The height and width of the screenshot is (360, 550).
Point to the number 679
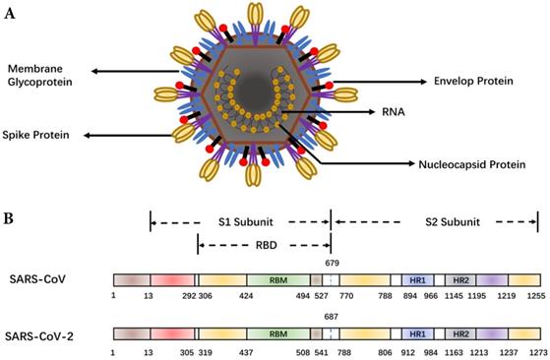pos(331,264)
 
